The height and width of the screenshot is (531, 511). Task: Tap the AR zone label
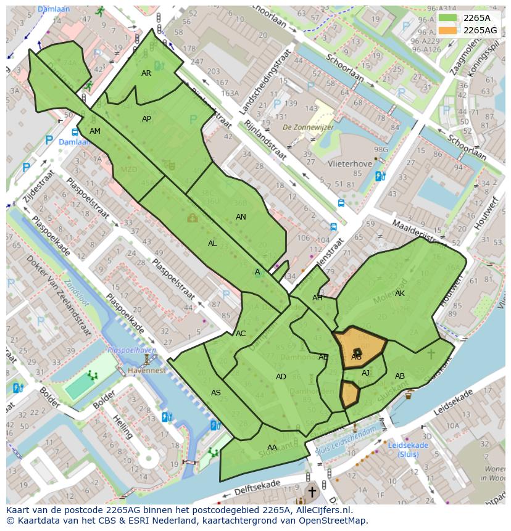[146, 73]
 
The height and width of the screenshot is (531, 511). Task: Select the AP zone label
[146, 119]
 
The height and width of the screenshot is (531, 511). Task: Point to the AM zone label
[94, 131]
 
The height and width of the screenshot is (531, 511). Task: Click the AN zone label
[241, 217]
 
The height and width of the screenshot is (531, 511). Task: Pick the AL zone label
[212, 244]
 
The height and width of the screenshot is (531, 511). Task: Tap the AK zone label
[400, 294]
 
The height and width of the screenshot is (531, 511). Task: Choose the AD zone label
[281, 377]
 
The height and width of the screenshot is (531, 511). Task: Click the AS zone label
[215, 393]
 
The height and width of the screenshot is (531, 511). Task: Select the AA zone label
[272, 448]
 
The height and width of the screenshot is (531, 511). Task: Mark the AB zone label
[400, 376]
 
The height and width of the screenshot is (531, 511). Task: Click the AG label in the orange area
[356, 357]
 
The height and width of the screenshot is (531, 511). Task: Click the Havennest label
[147, 371]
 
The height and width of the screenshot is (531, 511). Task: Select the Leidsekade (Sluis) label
[408, 450]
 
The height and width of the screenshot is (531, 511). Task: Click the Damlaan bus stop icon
[75, 132]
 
